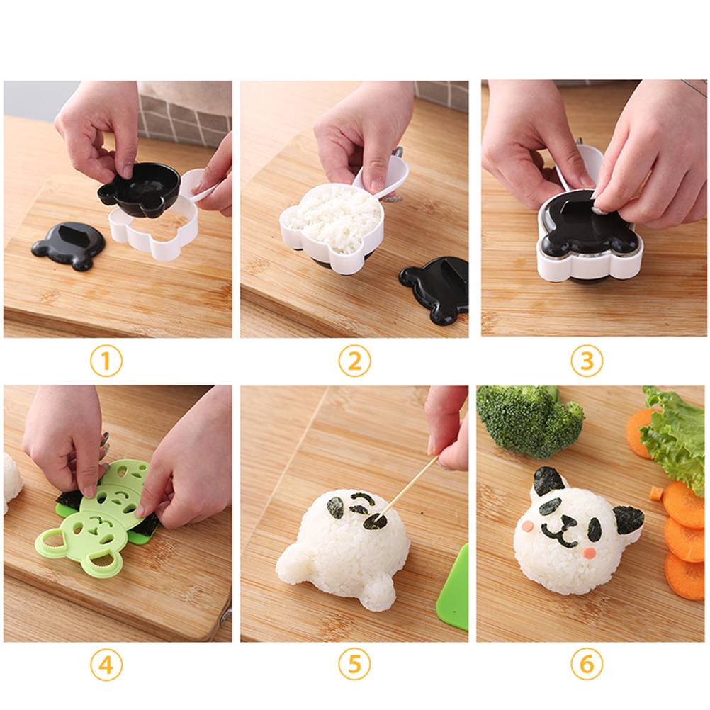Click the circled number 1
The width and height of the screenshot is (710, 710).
point(106,361)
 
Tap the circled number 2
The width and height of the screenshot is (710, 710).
point(354,361)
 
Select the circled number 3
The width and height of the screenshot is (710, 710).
point(587,361)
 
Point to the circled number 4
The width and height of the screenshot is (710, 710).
point(106,665)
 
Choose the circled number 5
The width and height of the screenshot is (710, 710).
point(354,665)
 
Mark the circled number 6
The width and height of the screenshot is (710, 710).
point(587,665)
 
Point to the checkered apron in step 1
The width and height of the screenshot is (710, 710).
point(186,113)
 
